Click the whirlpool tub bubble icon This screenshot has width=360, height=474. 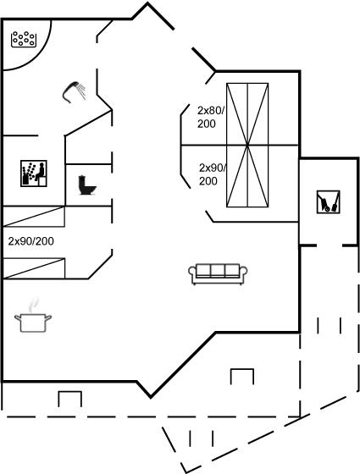pos(24,39)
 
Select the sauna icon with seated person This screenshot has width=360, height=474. pos(34,174)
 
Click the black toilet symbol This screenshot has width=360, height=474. pos(86,185)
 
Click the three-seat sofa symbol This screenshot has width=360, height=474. pos(218,274)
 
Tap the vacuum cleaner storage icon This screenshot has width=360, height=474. pos(329,202)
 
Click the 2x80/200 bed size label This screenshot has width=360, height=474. pos(211,117)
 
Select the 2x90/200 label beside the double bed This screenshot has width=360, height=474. pos(213,174)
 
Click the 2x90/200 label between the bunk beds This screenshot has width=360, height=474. pos(30,241)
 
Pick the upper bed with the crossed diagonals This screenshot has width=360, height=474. pos(247,114)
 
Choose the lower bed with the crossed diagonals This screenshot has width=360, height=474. pos(247,176)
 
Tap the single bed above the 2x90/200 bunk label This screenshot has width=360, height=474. pos(33,217)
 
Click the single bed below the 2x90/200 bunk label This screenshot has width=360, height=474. pos(33,268)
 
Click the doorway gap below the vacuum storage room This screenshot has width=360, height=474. pos(330,245)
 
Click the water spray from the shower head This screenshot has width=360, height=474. pos(81,91)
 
